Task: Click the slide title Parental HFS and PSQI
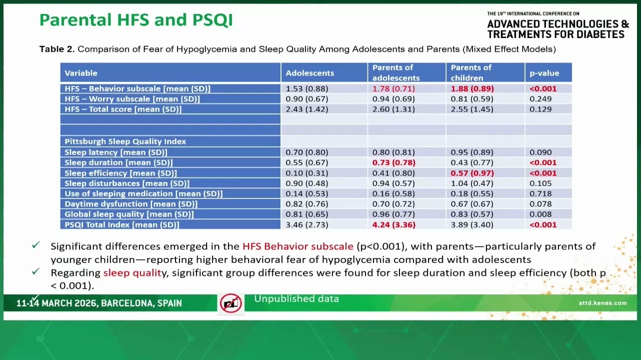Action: [x=136, y=20]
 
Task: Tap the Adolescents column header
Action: [x=309, y=73]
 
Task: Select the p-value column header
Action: [x=544, y=73]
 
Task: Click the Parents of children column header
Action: [x=470, y=72]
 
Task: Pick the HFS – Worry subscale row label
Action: [x=132, y=98]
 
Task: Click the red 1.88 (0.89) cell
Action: [x=472, y=88]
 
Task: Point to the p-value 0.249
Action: [x=540, y=98]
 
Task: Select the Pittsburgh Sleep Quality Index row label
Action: [x=125, y=141]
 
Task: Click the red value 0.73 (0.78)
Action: [x=393, y=162]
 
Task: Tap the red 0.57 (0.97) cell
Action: [x=472, y=173]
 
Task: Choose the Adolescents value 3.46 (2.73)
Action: [x=307, y=224]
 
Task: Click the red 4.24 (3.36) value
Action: [x=393, y=224]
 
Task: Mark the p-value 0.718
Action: [x=540, y=193]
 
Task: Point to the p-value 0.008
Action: [x=540, y=214]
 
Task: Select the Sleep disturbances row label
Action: [x=127, y=183]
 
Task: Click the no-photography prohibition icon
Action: [x=230, y=303]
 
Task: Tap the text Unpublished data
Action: [x=296, y=299]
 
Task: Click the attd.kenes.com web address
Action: [x=602, y=303]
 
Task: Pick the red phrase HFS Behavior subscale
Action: [x=298, y=246]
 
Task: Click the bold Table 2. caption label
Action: [x=57, y=49]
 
